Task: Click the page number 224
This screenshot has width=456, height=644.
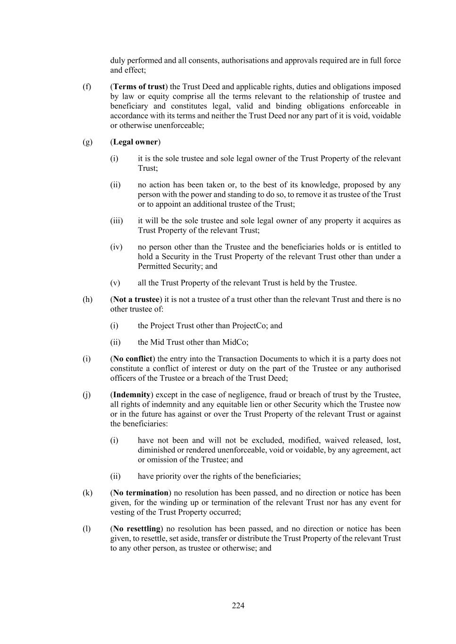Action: pos(238,606)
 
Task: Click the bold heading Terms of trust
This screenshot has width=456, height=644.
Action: pos(139,87)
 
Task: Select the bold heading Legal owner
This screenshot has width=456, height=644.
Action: pos(135,142)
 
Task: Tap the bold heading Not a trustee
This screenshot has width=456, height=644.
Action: pos(136,300)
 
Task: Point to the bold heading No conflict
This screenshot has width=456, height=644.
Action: pos(133,359)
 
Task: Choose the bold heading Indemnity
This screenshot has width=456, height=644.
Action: pos(132,395)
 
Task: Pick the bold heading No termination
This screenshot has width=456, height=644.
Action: pos(141,493)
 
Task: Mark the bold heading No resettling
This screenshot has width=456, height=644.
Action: pos(137,529)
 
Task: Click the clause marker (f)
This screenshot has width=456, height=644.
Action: pos(87,87)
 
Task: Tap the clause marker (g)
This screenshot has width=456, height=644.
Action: pos(87,142)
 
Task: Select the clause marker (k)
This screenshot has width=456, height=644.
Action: pos(87,493)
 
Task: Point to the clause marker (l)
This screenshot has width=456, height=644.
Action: pos(87,529)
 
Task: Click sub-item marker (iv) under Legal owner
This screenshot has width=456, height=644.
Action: pos(116,247)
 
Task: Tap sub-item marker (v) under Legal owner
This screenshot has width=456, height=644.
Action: pos(115,283)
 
